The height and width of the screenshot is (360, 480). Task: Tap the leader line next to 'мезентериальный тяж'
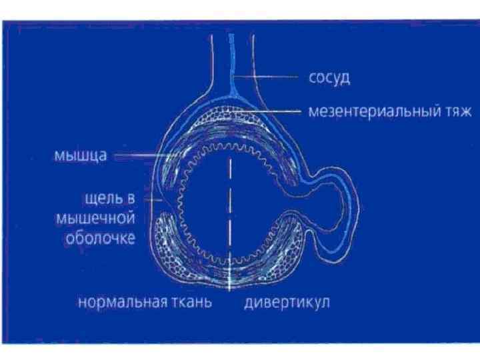273,111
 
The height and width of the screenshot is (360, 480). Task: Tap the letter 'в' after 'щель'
127,199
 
